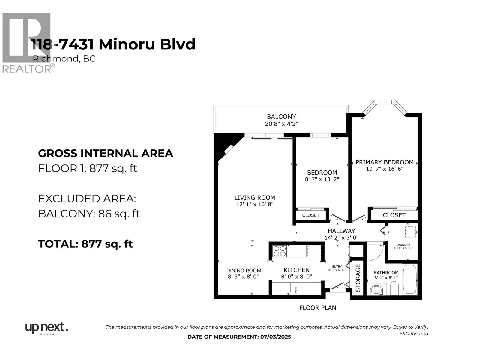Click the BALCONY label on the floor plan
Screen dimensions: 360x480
tap(281, 116)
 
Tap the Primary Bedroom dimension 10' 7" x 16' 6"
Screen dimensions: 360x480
tap(384, 169)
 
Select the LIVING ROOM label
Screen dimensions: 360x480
tap(254, 198)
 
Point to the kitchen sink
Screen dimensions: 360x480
tap(296, 288)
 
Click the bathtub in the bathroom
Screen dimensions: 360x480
tap(409, 279)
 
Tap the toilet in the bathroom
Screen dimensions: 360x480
tap(394, 289)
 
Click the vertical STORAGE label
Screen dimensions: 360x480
tap(358, 278)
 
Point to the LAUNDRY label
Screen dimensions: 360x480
tap(403, 245)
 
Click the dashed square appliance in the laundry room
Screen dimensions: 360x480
tap(410, 232)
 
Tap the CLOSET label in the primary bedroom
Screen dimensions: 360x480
tap(394, 215)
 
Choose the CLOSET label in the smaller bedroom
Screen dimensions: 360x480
tap(310, 215)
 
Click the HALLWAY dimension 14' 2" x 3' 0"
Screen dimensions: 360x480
tap(341, 238)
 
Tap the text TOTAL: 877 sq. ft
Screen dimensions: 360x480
tap(85, 244)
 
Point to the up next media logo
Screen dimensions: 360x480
tap(46, 328)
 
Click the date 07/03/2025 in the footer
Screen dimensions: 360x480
tap(275, 337)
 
